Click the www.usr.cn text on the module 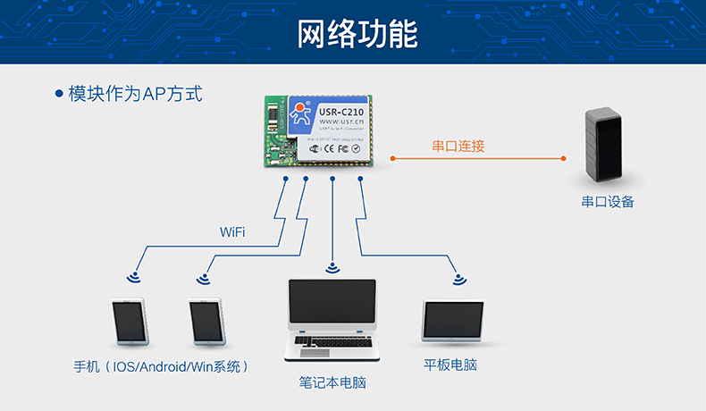click(x=340, y=122)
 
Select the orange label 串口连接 click(x=458, y=146)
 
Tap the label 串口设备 click(x=607, y=202)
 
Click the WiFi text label click(x=232, y=232)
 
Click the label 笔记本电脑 click(x=332, y=382)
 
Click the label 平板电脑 click(x=458, y=365)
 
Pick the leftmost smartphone click(x=129, y=321)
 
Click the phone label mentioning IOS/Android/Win click(x=161, y=366)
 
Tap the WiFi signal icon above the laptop click(x=332, y=266)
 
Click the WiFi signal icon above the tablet click(x=458, y=278)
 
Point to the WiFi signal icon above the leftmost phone click(x=134, y=275)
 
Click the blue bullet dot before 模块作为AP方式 click(x=59, y=93)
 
